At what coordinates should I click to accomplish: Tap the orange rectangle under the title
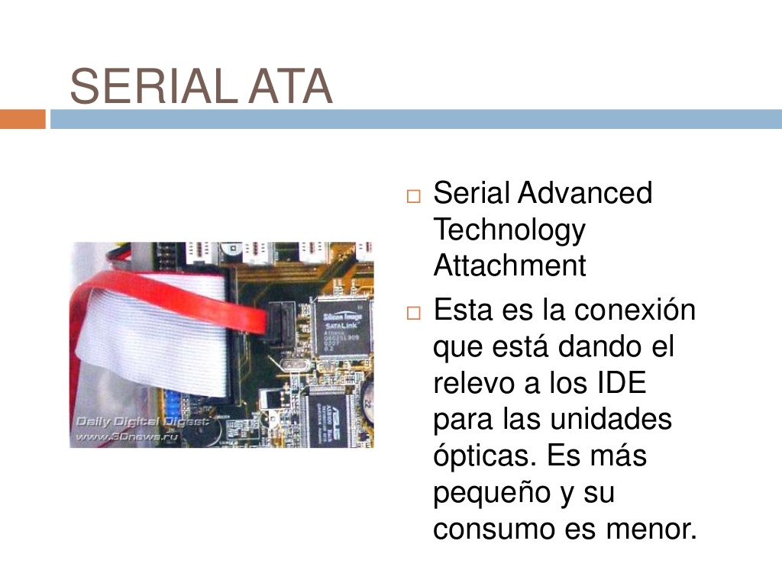22,119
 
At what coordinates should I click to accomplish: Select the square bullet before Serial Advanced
414,196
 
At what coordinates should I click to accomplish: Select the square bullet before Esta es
414,314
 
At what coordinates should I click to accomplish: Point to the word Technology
509,230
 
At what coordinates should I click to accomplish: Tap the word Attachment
509,266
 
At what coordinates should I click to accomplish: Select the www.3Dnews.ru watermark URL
126,437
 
